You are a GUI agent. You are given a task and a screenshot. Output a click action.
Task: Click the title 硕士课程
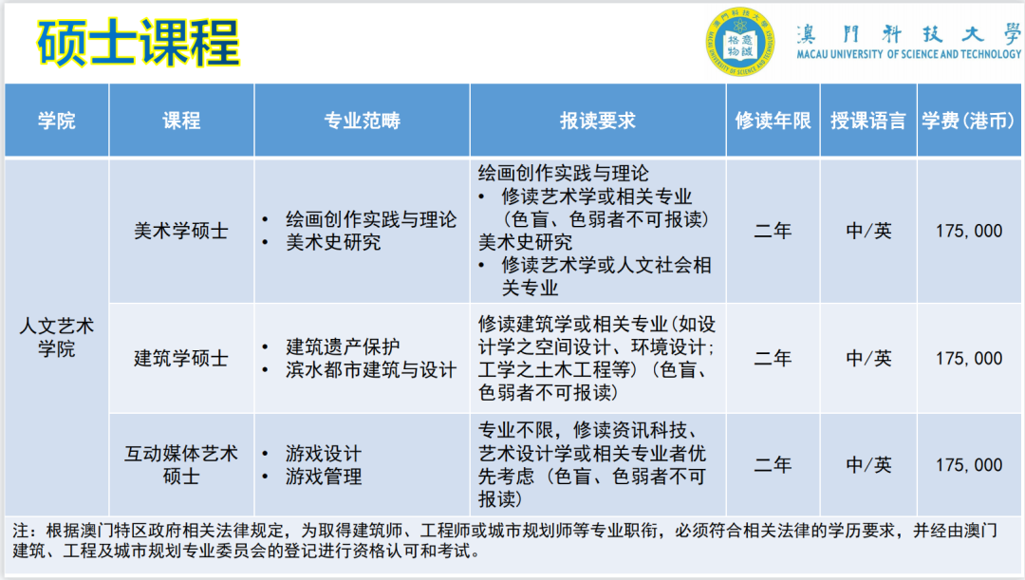coord(139,42)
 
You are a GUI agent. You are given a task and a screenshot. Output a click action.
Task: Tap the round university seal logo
coord(739,43)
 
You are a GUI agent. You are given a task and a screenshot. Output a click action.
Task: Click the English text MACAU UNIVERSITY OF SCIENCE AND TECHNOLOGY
coord(909,55)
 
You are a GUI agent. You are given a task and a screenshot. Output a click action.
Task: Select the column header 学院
coord(57,121)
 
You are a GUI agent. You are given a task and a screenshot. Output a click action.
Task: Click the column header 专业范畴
coord(362,121)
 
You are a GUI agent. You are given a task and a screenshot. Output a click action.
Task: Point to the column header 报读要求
coord(597,121)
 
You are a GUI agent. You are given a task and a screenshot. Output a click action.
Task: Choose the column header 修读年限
coord(773,121)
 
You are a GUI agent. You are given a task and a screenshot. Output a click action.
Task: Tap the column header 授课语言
coord(868,121)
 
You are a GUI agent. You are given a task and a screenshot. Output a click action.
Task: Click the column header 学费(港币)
coord(968,121)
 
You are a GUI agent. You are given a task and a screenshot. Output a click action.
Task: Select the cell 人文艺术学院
coord(57,337)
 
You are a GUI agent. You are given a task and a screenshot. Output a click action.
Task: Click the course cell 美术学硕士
coord(181,231)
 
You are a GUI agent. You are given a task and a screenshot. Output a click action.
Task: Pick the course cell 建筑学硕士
coord(181,358)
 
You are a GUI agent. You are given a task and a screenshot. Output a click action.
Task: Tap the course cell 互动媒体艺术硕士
coord(181,464)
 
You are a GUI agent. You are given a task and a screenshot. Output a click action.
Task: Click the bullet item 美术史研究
coord(333,242)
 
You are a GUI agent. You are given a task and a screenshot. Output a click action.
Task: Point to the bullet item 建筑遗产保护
coord(343,346)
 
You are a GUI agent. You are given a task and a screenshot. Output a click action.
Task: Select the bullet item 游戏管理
coord(324,476)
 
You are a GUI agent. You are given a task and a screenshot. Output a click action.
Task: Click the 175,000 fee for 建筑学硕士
coord(968,358)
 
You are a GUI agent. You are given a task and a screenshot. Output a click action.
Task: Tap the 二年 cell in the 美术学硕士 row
coord(773,231)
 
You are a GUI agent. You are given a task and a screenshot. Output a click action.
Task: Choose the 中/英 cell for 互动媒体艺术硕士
coord(868,464)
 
